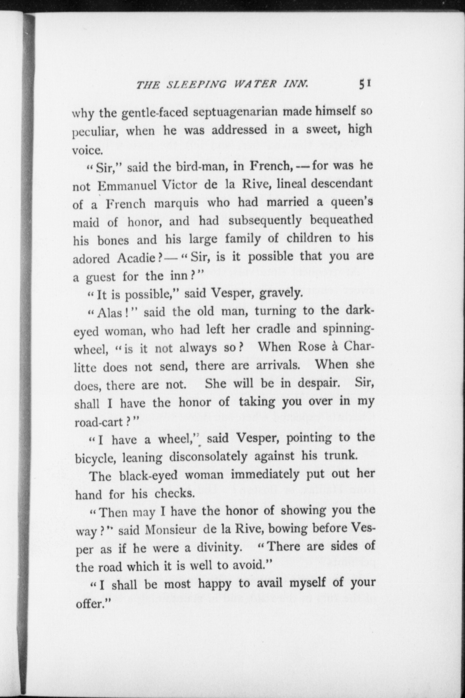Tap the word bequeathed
pos(342,220)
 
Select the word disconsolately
pos(208,457)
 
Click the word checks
pos(174,494)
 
